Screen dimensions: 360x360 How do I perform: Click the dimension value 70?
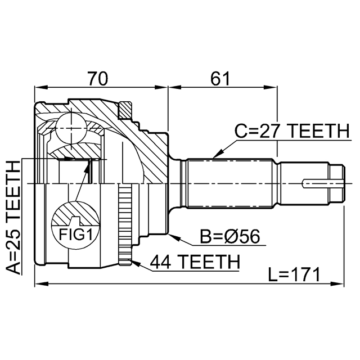98,79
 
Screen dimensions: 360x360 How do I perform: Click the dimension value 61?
220,79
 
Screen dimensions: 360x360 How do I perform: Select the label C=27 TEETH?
292,132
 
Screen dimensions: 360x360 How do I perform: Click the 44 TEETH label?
195,262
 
